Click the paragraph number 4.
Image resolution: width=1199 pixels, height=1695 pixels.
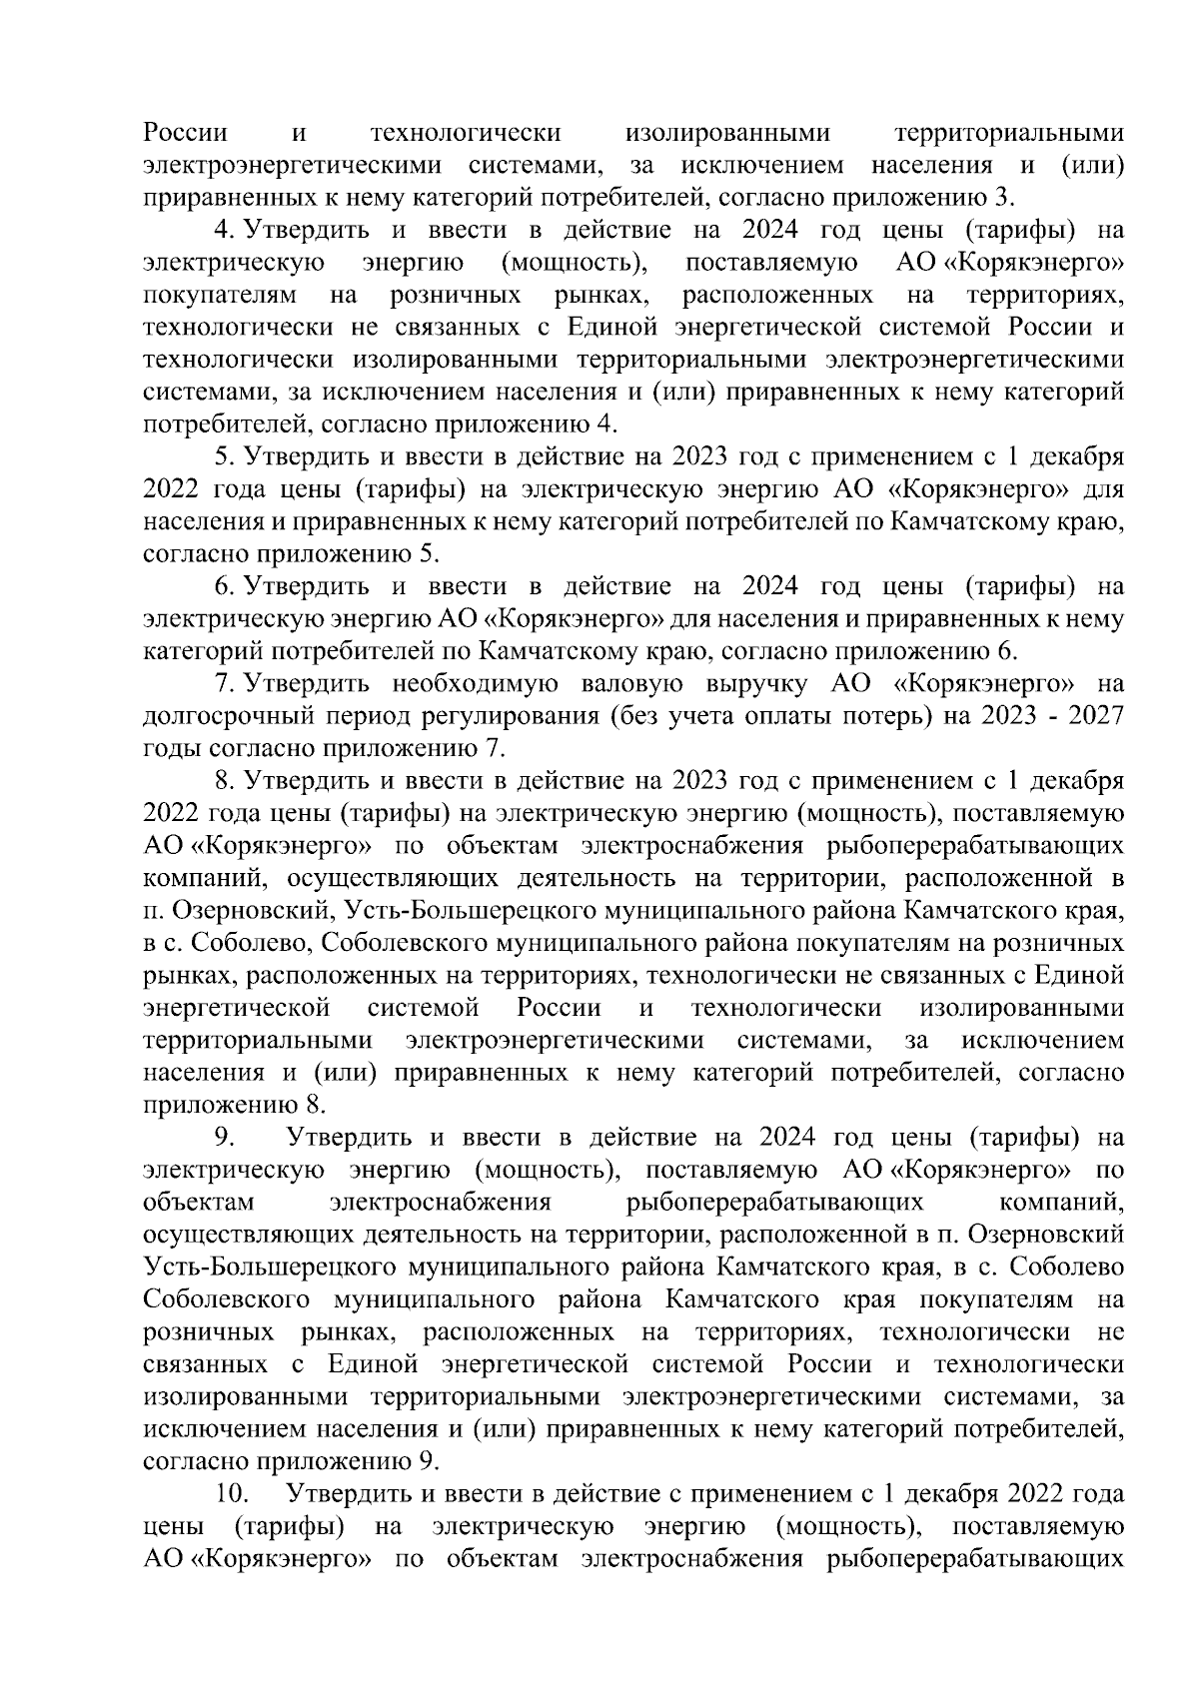tap(222, 231)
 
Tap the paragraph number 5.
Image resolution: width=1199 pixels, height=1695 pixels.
tap(222, 457)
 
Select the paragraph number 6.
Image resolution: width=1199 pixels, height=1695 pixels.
tap(222, 586)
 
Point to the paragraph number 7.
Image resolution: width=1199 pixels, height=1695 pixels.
tap(222, 684)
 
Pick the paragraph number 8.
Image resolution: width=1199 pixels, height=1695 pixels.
tap(222, 781)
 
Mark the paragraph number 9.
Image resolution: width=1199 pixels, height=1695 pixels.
tap(222, 1138)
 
